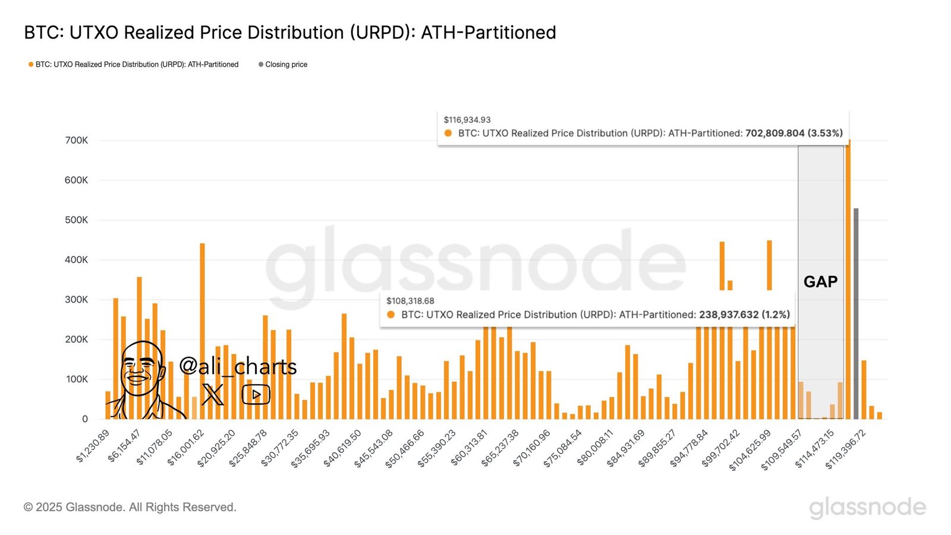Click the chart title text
[x=289, y=33]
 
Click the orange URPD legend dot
[x=31, y=64]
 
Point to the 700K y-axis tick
[x=76, y=140]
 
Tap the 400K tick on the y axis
[x=76, y=260]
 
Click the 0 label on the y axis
[x=84, y=419]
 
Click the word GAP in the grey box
[x=820, y=282]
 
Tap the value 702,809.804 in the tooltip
[x=774, y=133]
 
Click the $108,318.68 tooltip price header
[x=410, y=301]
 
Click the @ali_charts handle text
[x=238, y=366]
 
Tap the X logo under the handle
[x=213, y=394]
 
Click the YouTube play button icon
[x=256, y=394]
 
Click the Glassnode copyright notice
[x=130, y=507]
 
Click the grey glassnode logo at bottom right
[x=867, y=507]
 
